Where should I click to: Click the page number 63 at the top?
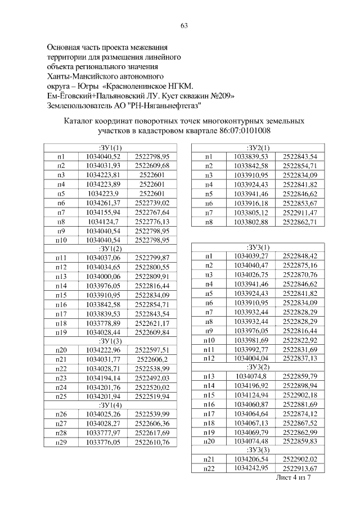point(183,25)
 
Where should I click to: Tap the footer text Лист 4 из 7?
point(293,477)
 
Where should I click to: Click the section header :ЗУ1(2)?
point(110,247)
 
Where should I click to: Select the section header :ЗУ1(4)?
point(110,404)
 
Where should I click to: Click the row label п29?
point(61,442)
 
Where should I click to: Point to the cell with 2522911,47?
point(300,213)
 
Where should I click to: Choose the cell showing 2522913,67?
point(300,469)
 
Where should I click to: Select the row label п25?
point(61,396)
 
